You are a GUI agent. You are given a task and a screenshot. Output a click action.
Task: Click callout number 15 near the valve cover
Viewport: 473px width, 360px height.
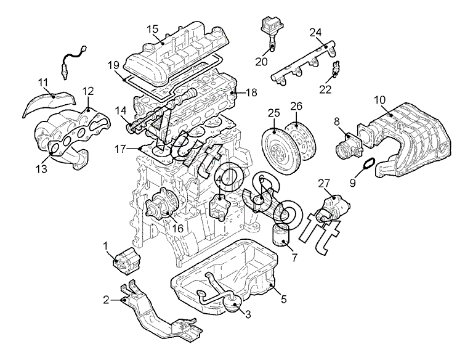pyautogui.click(x=153, y=30)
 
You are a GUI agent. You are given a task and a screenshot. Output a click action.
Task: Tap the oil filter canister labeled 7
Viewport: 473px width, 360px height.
pyautogui.click(x=281, y=235)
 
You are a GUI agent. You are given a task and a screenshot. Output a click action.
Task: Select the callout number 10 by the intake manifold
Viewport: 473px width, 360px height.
pyautogui.click(x=380, y=100)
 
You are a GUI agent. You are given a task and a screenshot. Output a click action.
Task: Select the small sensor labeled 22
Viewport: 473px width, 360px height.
pyautogui.click(x=335, y=69)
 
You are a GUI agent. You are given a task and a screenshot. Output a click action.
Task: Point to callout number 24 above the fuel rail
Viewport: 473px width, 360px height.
pyautogui.click(x=316, y=33)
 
